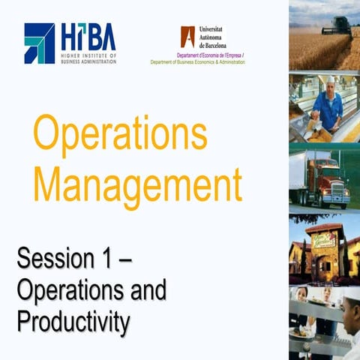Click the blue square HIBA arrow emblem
39,42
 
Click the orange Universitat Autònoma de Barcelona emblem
187,37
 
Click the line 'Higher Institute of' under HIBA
89,55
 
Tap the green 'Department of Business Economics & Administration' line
198,62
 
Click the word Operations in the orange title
120,136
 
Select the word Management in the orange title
138,182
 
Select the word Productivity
73,322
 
